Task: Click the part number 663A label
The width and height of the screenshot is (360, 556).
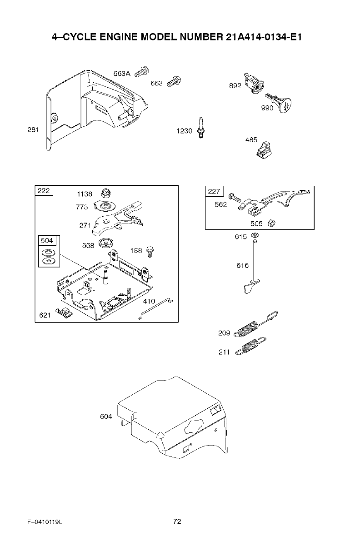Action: click(x=121, y=74)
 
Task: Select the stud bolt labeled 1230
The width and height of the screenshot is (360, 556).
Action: click(x=200, y=128)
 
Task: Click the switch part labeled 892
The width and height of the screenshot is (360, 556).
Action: click(x=255, y=84)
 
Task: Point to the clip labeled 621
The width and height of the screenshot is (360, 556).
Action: click(x=64, y=312)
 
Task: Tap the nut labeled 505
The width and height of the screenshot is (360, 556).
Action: click(x=272, y=223)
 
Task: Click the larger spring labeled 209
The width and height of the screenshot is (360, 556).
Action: click(x=255, y=326)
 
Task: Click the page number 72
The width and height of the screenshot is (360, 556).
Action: click(x=177, y=521)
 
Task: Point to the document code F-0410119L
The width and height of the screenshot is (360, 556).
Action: click(x=44, y=522)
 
